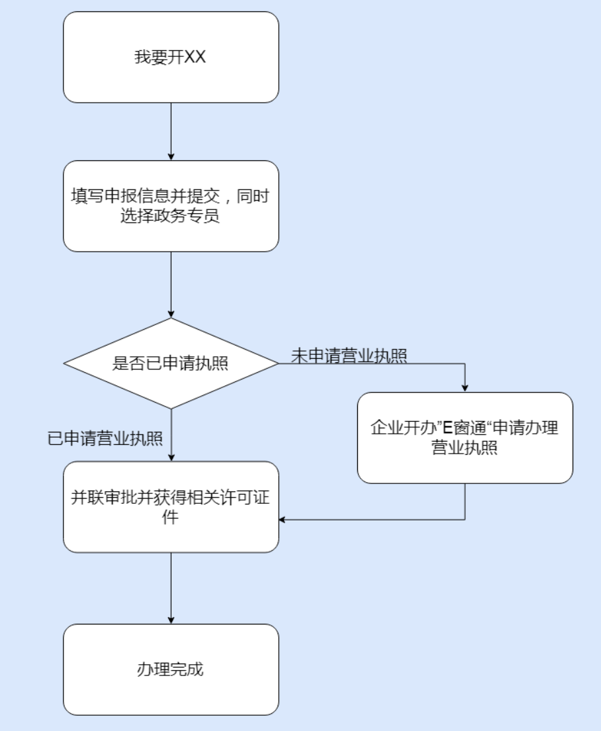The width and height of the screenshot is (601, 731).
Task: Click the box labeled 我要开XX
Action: click(x=171, y=57)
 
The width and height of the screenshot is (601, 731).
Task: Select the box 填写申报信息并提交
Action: click(x=171, y=206)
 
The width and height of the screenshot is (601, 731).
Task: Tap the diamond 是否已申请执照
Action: click(x=171, y=364)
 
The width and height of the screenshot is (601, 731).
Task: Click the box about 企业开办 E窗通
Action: click(x=464, y=438)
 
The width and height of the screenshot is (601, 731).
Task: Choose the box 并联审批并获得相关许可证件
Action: click(x=171, y=507)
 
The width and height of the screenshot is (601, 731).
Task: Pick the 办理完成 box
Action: click(x=171, y=669)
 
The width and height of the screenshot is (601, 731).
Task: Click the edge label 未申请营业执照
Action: click(x=349, y=355)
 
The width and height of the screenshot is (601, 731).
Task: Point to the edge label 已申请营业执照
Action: click(x=105, y=438)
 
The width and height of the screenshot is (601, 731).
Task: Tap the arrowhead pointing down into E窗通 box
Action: click(x=464, y=387)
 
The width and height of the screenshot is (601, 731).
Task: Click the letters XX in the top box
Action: click(x=195, y=57)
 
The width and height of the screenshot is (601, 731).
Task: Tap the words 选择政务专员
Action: click(x=171, y=216)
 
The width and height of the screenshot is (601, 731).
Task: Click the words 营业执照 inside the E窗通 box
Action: click(x=464, y=448)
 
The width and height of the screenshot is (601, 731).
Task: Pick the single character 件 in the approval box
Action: click(x=171, y=517)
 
